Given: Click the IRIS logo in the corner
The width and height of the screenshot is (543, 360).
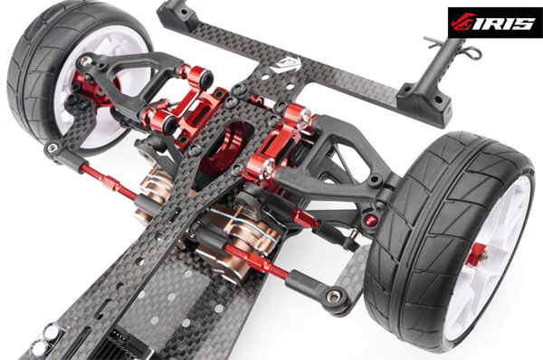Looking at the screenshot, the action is [x=494, y=23].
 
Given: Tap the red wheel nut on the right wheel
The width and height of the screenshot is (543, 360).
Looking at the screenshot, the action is [x=477, y=254].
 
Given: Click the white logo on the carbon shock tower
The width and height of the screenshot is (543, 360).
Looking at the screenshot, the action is [x=285, y=64].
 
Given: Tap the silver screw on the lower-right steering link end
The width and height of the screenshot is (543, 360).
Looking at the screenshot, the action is [x=333, y=297].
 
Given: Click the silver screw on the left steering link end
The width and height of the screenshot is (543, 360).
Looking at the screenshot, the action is [x=52, y=147].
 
